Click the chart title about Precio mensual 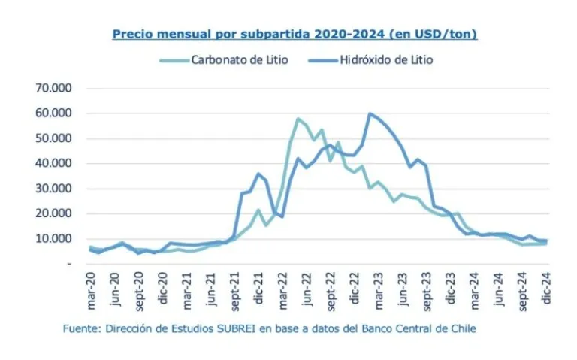pos(295,34)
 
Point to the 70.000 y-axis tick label pos(53,88)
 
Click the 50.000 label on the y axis pos(53,138)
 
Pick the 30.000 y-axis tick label pos(53,189)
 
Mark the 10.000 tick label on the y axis pos(53,239)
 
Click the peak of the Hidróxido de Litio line pos(370,113)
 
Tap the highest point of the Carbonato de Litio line pos(298,119)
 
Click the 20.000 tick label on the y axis pos(53,213)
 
